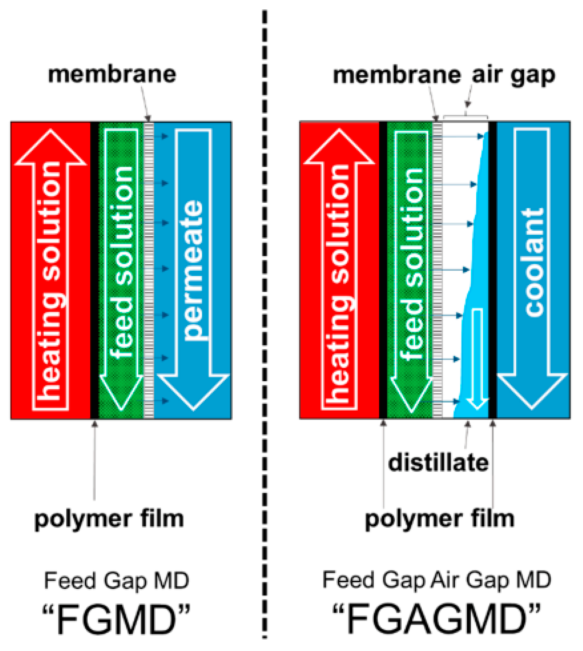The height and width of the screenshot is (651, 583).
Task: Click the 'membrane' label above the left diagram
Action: pos(112,74)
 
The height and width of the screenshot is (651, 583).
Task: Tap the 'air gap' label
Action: pos(513,76)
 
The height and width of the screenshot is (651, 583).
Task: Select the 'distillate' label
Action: pos(438,463)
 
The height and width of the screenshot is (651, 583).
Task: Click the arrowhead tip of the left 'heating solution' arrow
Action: pos(51,131)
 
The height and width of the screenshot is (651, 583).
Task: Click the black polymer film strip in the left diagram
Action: pos(94,270)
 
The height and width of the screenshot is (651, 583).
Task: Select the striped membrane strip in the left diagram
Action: pos(149,270)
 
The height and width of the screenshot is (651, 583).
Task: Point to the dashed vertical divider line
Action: pos(265,320)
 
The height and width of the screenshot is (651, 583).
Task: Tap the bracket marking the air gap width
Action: pos(465,116)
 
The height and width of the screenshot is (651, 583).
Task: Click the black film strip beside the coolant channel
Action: pos(492,270)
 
